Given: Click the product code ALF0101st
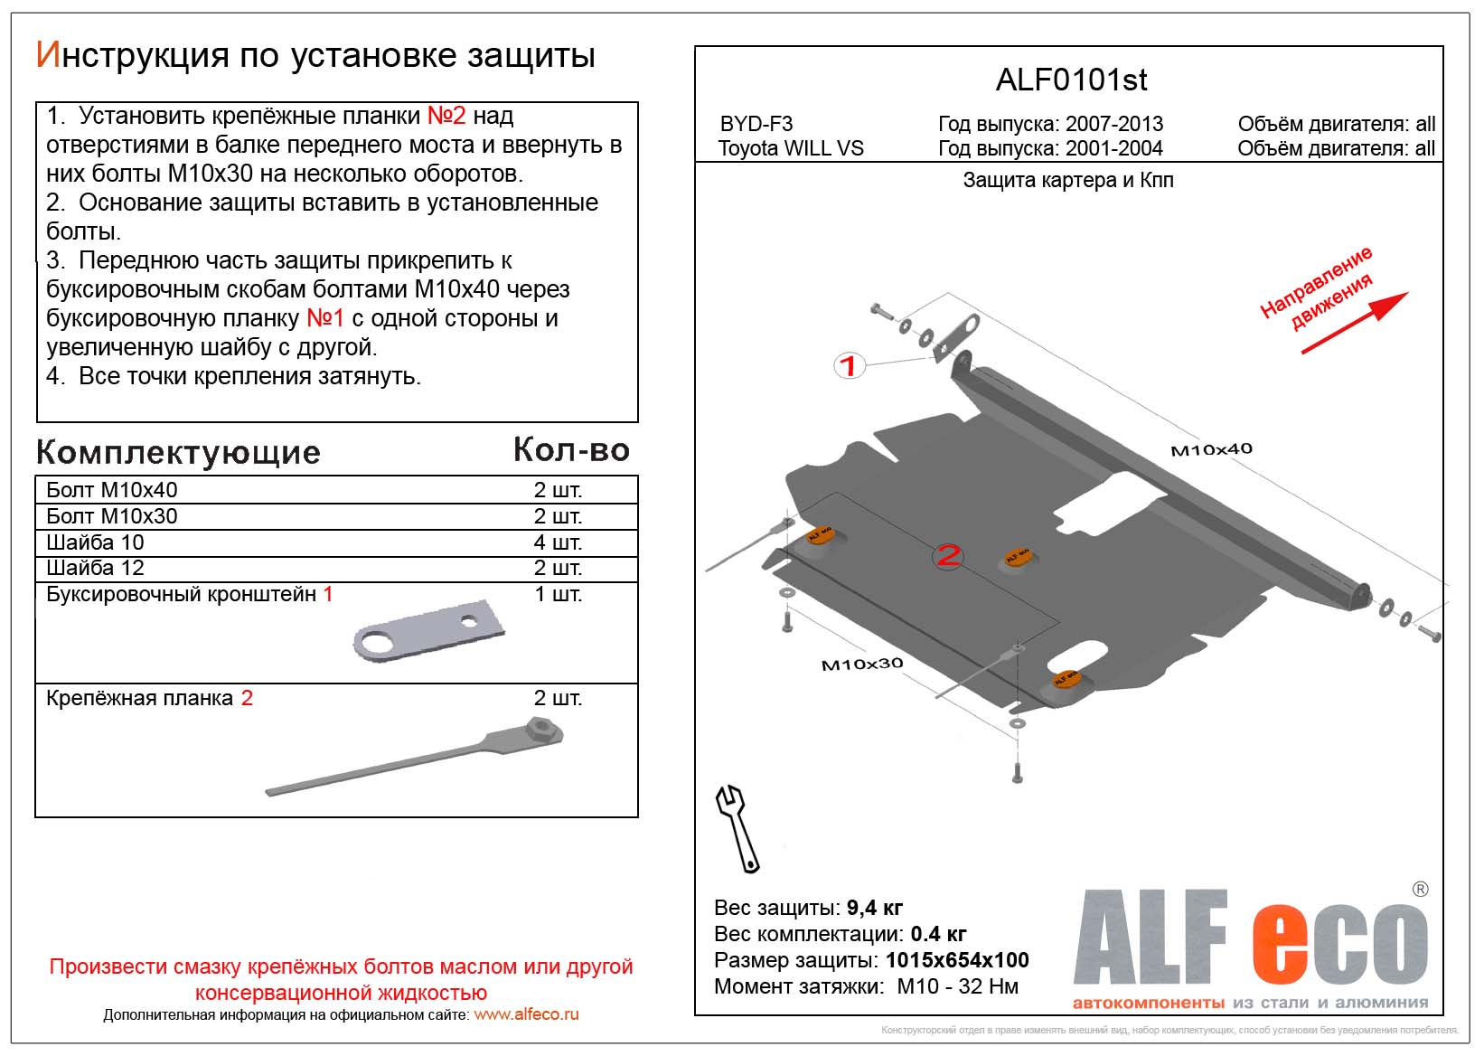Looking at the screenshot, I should click(1071, 80).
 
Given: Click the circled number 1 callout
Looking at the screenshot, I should click(849, 366).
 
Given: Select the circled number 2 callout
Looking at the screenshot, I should click(948, 555).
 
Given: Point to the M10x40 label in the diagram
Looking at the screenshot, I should click(1211, 449).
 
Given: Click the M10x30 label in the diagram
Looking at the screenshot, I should click(861, 665).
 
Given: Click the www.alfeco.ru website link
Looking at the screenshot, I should click(526, 1014).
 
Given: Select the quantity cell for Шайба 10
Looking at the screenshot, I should click(558, 542).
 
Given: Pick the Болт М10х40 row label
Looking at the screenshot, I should click(112, 490).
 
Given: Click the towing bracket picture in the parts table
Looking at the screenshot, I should click(427, 630).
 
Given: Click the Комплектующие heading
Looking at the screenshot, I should click(178, 453).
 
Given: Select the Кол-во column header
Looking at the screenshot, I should click(571, 450).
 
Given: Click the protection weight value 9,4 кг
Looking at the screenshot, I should click(874, 908).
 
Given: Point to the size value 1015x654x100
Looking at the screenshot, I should click(957, 960).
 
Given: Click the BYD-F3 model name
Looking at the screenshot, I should click(756, 125).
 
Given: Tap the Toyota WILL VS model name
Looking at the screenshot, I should click(791, 149).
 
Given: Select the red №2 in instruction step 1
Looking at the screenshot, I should click(446, 116).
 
